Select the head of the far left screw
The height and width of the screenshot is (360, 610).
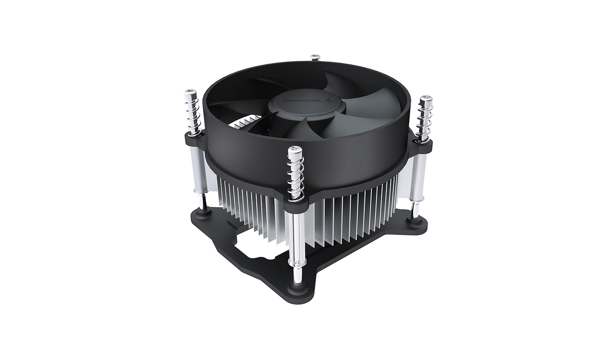(189, 93)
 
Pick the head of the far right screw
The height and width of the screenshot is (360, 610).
(425, 100)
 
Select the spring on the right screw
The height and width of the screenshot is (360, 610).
(424, 121)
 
